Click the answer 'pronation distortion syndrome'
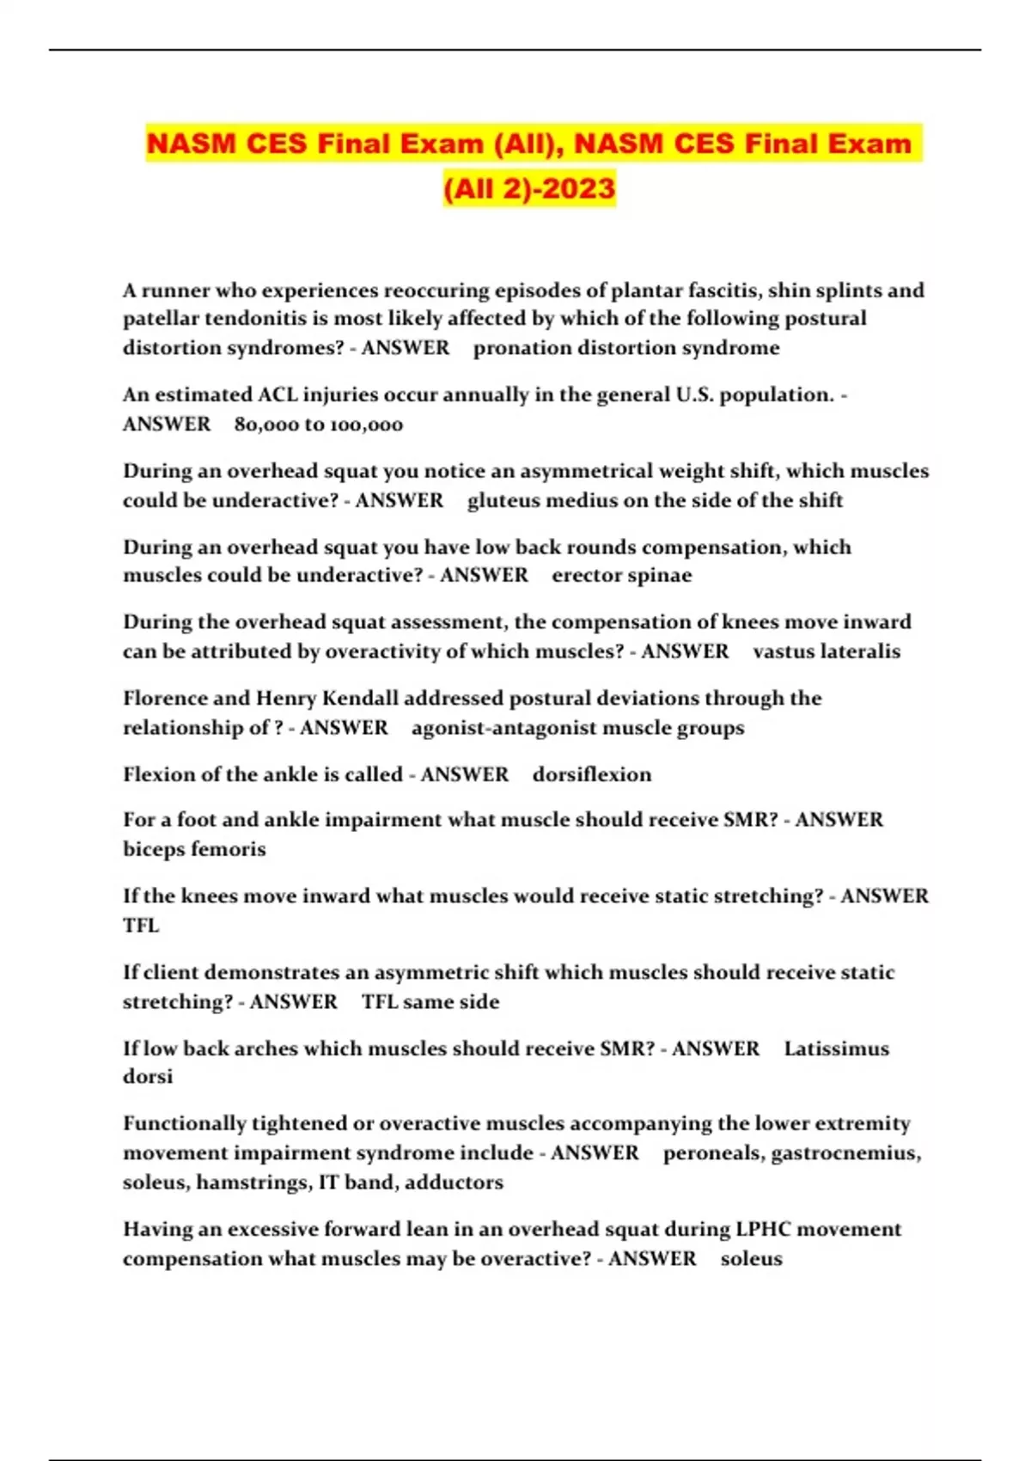point(626,347)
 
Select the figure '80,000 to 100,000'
point(318,424)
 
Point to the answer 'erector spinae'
point(621,575)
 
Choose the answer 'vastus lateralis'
point(827,651)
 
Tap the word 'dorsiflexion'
point(592,774)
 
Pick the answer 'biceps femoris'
point(194,849)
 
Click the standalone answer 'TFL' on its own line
point(141,926)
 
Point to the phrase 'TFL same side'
point(430,1001)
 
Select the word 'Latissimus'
point(836,1048)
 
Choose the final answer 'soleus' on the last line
point(751,1258)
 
